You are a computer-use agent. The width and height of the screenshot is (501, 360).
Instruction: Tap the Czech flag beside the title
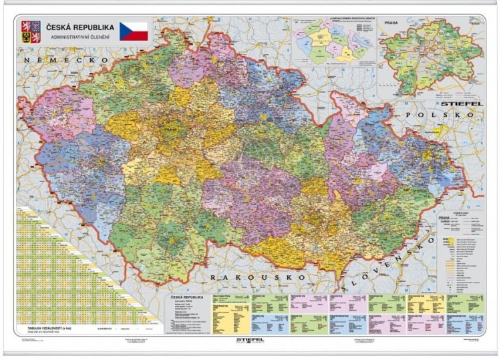point(134,31)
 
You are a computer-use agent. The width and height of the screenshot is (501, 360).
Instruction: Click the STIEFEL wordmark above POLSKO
point(460,104)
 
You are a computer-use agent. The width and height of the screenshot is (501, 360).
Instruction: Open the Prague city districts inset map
point(431,57)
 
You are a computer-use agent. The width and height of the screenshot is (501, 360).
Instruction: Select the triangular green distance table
point(60,281)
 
